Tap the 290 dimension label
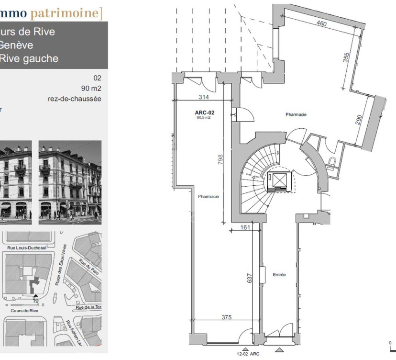tap(359, 120)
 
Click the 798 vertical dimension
tap(220, 159)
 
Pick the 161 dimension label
tap(244, 227)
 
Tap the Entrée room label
tap(279, 275)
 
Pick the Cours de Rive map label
tap(24, 310)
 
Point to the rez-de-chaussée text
tap(75, 99)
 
